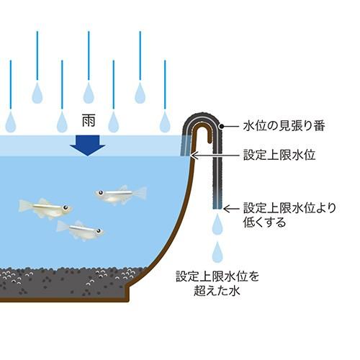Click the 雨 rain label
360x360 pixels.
pyautogui.click(x=89, y=121)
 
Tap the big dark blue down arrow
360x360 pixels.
pyautogui.click(x=88, y=145)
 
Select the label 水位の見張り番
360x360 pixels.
pyautogui.click(x=284, y=126)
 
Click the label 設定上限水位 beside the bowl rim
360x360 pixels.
pyautogui.click(x=279, y=155)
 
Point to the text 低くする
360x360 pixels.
pyautogui.click(x=265, y=222)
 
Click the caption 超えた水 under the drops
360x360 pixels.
pyautogui.click(x=217, y=291)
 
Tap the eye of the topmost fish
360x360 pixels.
pyautogui.click(x=100, y=192)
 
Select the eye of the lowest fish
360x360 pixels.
pyautogui.click(x=99, y=231)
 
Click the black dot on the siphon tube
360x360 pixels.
pyautogui.click(x=222, y=126)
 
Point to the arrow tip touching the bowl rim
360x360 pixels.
pyautogui.click(x=193, y=156)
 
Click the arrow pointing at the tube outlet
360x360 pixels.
pyautogui.click(x=232, y=209)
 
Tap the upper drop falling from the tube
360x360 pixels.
pyautogui.click(x=217, y=225)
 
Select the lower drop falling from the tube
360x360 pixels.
pyautogui.click(x=217, y=252)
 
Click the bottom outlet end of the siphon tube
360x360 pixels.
pyautogui.click(x=217, y=208)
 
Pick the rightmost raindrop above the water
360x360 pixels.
pyautogui.click(x=165, y=122)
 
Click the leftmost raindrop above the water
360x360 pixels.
pyautogui.click(x=11, y=122)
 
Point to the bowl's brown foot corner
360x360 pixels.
pyautogui.click(x=129, y=302)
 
